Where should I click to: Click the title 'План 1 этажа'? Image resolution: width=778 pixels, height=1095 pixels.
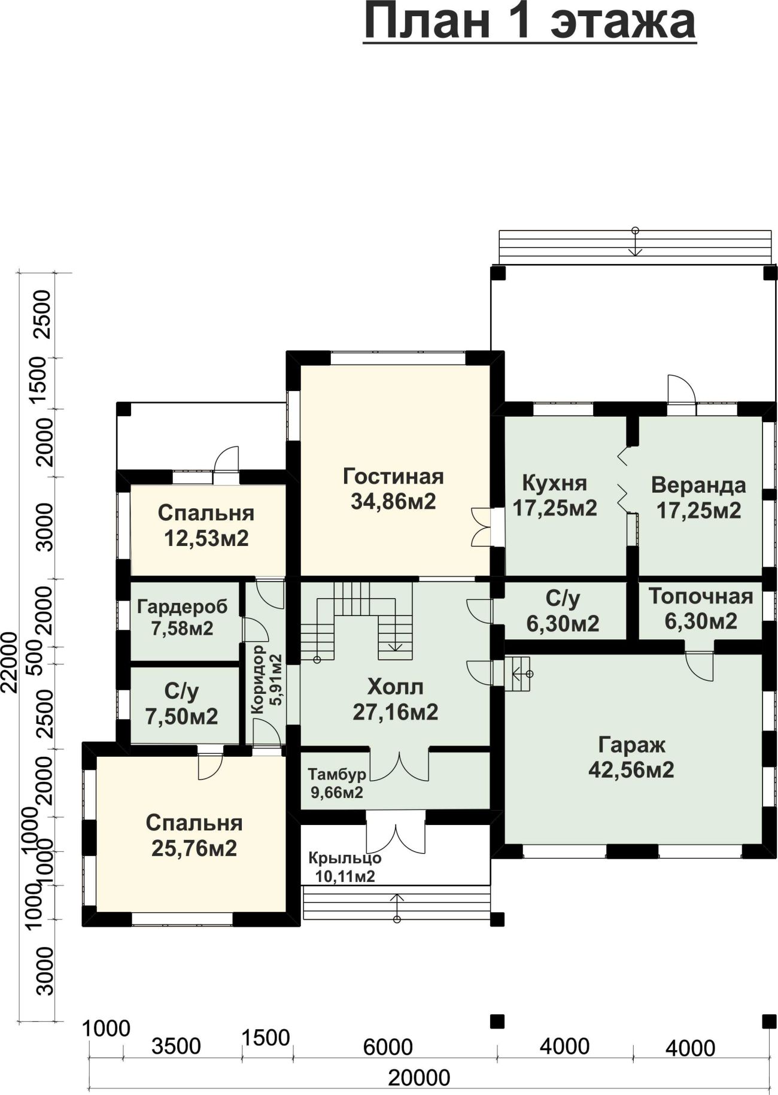[x=530, y=23]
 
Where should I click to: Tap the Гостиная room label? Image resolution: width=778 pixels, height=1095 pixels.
[x=393, y=477]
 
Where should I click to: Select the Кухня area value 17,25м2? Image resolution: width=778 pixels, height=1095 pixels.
[x=555, y=508]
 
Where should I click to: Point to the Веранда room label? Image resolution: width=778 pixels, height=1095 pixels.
[x=698, y=484]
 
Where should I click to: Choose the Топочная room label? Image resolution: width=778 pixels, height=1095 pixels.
[x=701, y=596]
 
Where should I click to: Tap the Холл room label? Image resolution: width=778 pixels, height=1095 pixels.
[x=395, y=686]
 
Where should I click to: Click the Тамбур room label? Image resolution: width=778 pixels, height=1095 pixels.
[x=337, y=774]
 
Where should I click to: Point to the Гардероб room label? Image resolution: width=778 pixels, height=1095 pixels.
[x=183, y=606]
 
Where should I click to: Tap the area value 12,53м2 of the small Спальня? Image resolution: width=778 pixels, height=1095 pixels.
[x=206, y=538]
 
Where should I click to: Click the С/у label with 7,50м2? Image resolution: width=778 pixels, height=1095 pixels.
[x=181, y=691]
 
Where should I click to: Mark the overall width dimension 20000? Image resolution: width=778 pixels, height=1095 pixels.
[x=419, y=1078]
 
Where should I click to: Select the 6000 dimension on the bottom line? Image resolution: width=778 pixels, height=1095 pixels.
[x=388, y=1047]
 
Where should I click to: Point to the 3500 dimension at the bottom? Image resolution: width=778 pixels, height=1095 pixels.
[x=176, y=1046]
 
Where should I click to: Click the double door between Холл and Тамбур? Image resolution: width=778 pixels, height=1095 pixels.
[x=399, y=765]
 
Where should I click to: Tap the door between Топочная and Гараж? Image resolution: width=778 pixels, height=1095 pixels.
[x=700, y=665]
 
